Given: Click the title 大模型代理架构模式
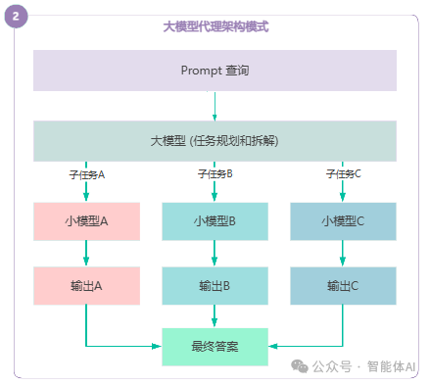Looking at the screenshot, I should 215,26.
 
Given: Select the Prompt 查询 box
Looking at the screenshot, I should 215,71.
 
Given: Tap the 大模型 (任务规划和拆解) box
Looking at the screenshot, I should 215,141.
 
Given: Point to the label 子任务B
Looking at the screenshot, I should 215,173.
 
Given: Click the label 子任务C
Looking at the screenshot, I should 343,173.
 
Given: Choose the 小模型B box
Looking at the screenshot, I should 215,221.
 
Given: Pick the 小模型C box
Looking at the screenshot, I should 343,221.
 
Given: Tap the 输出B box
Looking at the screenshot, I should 215,285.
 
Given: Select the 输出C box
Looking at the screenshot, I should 343,285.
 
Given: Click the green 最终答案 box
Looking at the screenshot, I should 215,346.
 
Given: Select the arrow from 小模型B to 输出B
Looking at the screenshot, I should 215,253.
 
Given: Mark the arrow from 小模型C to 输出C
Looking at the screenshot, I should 343,253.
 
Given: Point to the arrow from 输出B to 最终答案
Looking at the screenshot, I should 215,315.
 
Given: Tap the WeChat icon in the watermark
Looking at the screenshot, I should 298,366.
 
